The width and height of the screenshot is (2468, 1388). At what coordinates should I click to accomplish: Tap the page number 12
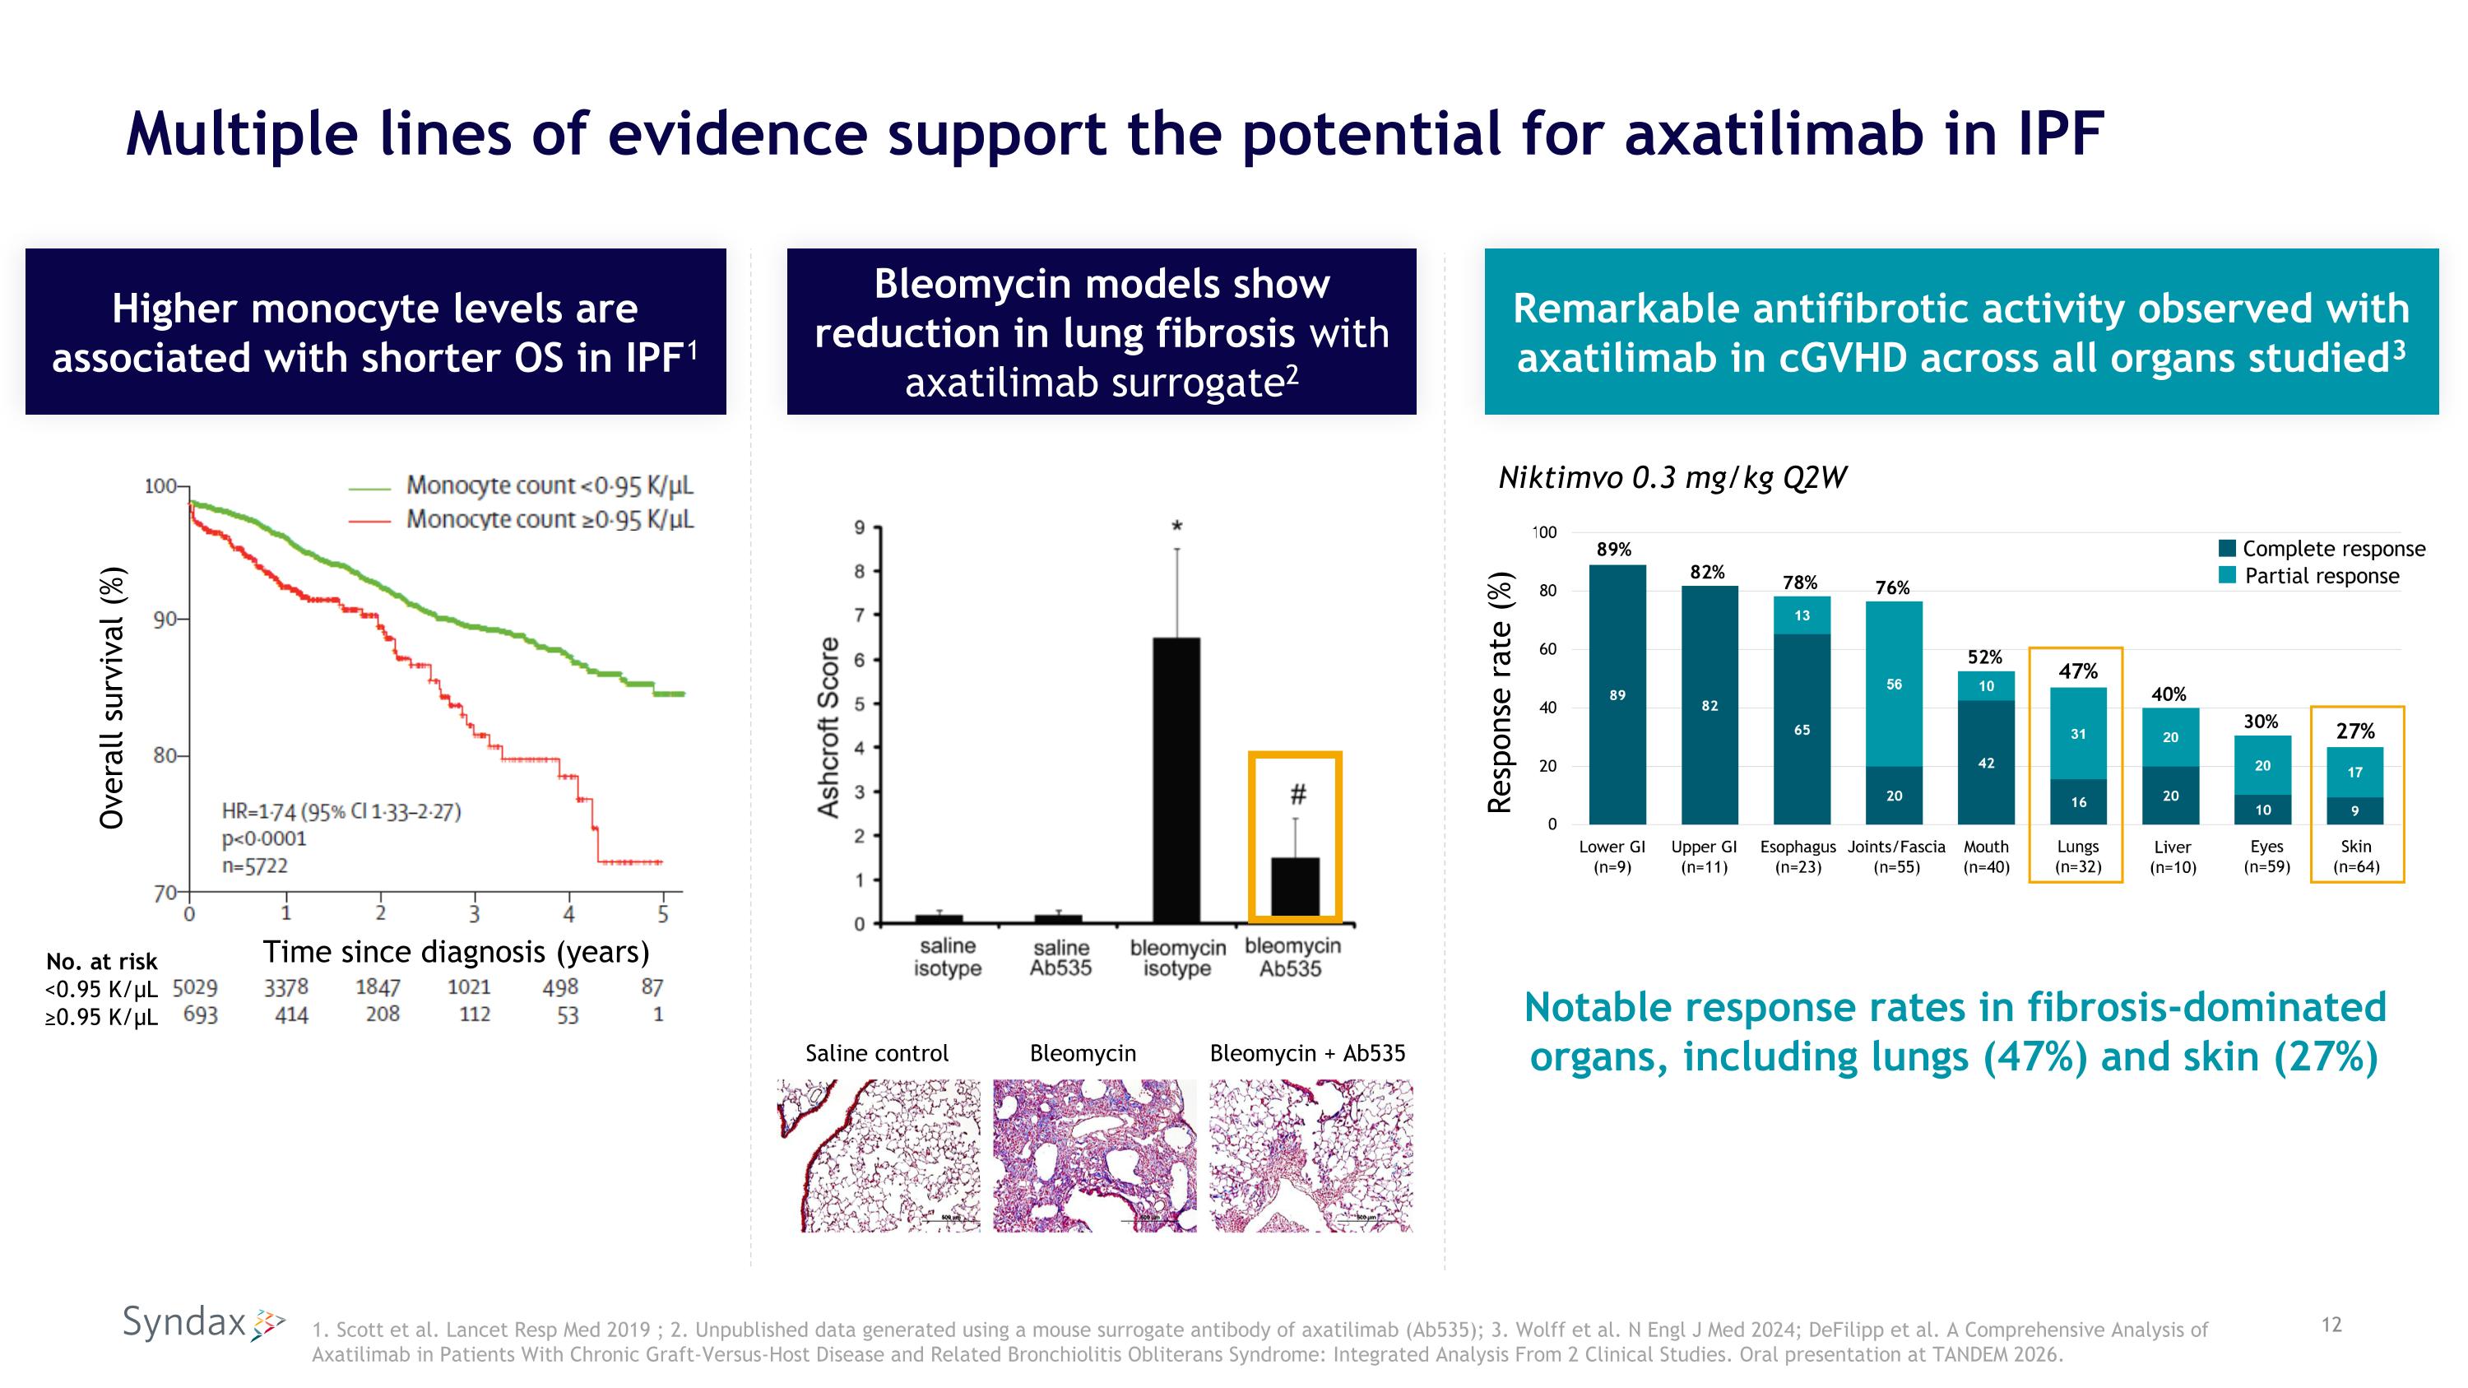tap(2331, 1325)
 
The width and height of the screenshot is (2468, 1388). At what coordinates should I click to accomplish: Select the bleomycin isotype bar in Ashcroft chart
tap(1176, 780)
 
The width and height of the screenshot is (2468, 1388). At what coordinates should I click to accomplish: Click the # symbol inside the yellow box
tap(1297, 794)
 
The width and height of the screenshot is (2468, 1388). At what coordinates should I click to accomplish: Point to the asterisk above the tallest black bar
tap(1176, 527)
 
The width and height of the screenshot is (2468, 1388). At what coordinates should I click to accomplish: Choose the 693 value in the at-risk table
tap(200, 1015)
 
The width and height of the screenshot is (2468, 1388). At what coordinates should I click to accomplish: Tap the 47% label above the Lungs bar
tap(2077, 671)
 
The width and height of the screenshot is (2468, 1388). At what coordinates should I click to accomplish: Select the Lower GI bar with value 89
tap(1617, 694)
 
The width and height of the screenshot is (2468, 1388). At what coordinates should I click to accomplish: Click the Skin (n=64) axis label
tap(2356, 856)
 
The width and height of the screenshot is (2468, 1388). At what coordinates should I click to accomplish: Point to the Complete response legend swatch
tap(2227, 549)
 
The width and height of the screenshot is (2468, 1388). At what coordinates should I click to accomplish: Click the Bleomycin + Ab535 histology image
tap(1311, 1155)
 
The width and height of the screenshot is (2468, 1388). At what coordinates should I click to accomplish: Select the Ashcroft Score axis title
tap(828, 727)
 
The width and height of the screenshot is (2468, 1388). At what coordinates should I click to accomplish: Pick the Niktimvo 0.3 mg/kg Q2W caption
tap(1672, 477)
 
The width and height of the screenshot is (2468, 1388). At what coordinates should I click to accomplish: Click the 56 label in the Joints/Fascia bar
tap(1894, 685)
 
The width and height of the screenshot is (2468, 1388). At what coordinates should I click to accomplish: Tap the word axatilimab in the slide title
tap(1774, 133)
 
